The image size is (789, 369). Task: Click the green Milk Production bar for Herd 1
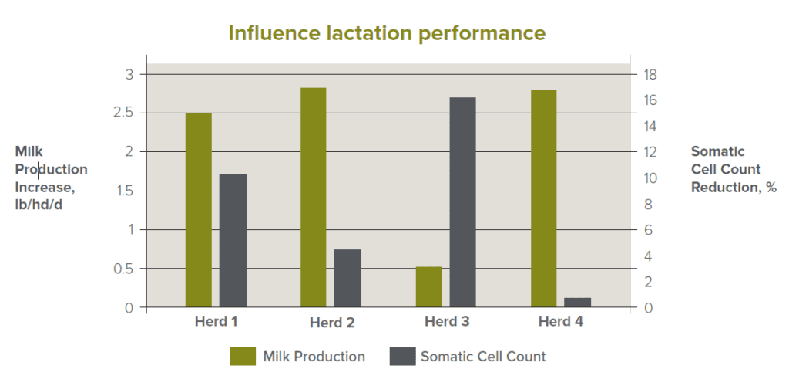(199, 210)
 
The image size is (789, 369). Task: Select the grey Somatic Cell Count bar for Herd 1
(233, 241)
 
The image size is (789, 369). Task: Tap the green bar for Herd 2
(314, 198)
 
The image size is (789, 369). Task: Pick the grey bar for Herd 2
(347, 278)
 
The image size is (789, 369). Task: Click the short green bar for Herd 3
(429, 287)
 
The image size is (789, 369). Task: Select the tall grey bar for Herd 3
(463, 202)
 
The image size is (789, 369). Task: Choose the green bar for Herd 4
(544, 198)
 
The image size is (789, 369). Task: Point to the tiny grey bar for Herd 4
(578, 303)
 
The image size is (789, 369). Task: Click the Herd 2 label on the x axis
(332, 323)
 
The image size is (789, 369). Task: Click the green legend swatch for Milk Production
(242, 356)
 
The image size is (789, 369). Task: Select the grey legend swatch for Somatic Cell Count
(401, 356)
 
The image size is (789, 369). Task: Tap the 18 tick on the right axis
(649, 75)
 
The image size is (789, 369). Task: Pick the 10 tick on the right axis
(649, 178)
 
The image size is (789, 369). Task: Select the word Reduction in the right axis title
(724, 188)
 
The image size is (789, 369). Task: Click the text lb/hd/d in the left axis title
(40, 205)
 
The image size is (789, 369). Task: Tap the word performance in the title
(483, 34)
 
